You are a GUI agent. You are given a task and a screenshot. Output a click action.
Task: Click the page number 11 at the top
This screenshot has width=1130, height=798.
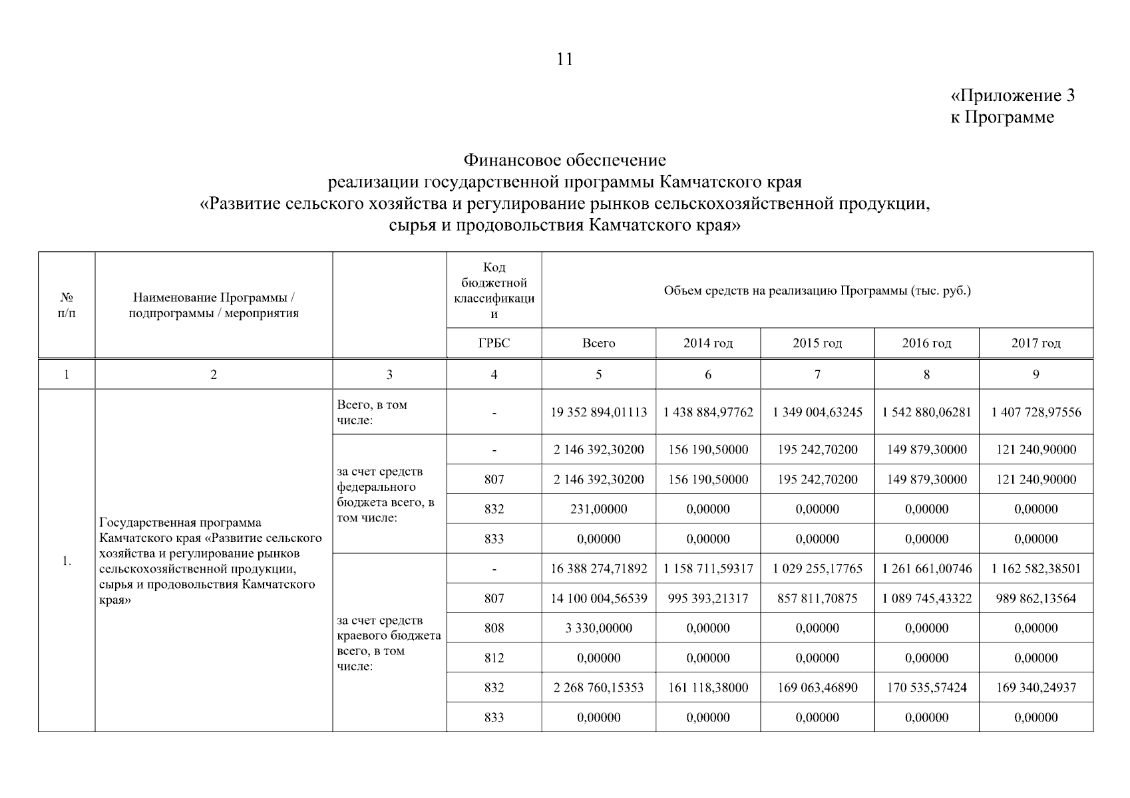(x=564, y=59)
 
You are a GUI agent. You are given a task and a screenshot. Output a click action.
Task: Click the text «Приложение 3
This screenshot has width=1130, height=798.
(x=1012, y=96)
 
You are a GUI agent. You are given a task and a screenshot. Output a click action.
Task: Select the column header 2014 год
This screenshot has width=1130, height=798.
(x=707, y=343)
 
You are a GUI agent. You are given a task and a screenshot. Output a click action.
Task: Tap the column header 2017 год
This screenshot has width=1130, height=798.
(x=1036, y=343)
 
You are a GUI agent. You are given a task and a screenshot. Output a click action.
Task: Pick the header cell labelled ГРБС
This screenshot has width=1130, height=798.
(x=494, y=343)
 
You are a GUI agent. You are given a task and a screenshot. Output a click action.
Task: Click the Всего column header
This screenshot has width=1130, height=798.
(x=598, y=343)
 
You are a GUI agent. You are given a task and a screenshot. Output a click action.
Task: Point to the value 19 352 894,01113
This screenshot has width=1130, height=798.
(x=598, y=412)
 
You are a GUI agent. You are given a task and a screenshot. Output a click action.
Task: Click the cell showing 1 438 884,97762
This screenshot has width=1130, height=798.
(x=707, y=412)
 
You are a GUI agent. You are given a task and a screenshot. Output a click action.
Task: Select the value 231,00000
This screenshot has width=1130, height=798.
(x=598, y=509)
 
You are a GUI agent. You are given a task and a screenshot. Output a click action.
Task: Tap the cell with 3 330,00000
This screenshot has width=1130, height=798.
(x=598, y=628)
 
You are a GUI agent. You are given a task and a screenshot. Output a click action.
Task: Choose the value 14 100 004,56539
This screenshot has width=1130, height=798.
(x=598, y=598)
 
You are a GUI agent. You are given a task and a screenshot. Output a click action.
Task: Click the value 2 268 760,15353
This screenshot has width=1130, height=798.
(x=598, y=688)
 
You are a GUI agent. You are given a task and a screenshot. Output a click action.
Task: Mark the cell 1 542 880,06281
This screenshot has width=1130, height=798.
(x=926, y=412)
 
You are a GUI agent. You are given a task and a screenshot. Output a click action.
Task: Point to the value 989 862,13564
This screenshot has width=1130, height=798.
(x=1036, y=598)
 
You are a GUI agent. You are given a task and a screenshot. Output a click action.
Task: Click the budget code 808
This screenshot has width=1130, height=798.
(x=494, y=628)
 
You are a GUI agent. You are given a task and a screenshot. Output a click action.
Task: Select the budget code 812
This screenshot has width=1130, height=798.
(x=494, y=658)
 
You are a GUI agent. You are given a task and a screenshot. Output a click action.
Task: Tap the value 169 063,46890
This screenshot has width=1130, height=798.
(x=817, y=688)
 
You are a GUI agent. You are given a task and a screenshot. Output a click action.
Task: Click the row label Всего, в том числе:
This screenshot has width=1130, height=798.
(x=372, y=412)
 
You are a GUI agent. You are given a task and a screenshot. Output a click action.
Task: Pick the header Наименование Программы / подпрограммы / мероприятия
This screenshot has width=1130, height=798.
(x=214, y=305)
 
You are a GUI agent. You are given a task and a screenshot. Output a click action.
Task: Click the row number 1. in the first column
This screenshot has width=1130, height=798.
(x=67, y=561)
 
